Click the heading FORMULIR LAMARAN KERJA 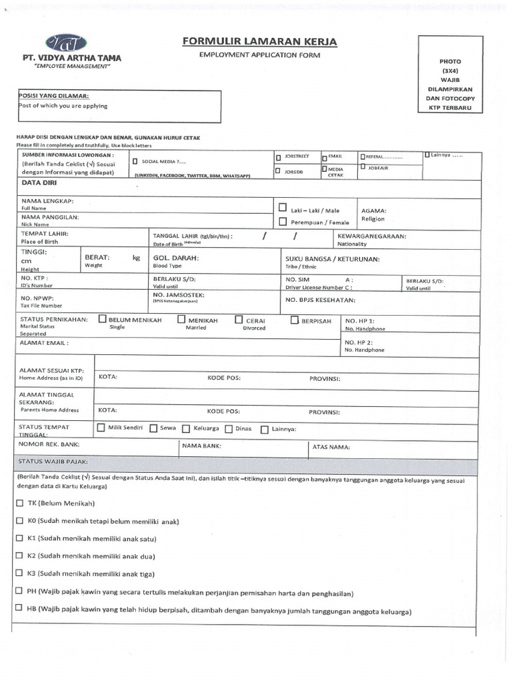(x=260, y=42)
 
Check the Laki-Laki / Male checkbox (x=283, y=208)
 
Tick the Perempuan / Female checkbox (x=283, y=222)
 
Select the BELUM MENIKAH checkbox (x=103, y=319)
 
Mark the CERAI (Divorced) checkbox (x=239, y=320)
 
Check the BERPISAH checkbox (x=295, y=320)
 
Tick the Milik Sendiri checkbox (x=101, y=428)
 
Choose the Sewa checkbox (x=153, y=429)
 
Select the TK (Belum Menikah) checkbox (x=19, y=503)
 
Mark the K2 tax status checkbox (x=19, y=555)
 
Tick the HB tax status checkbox (x=19, y=607)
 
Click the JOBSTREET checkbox (x=278, y=157)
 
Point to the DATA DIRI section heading (x=40, y=182)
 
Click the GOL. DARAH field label (x=176, y=257)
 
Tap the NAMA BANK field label (x=201, y=446)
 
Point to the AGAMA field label (x=373, y=210)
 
